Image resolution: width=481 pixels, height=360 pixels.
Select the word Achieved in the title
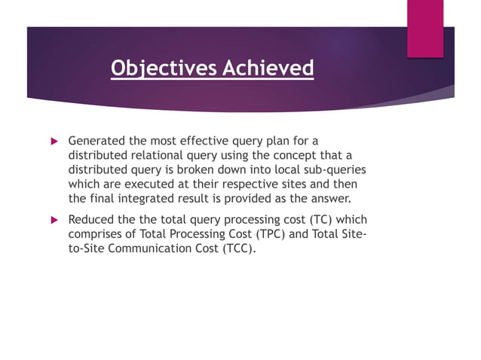point(268,69)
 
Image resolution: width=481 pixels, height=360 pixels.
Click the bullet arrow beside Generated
point(54,141)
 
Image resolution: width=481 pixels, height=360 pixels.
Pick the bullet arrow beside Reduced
point(54,219)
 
